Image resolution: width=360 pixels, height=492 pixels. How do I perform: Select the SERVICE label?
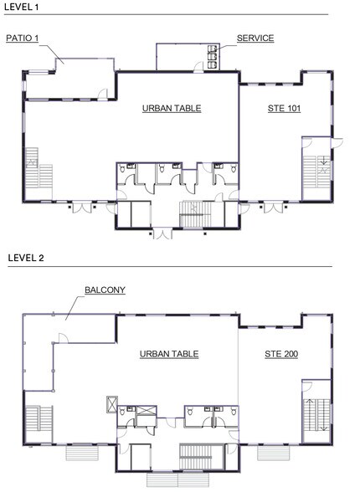coord(255,38)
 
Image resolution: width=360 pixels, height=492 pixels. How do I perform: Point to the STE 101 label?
coord(284,109)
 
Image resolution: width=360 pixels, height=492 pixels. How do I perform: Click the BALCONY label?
coord(104,290)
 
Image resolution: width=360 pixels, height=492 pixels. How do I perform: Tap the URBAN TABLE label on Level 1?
coord(171,109)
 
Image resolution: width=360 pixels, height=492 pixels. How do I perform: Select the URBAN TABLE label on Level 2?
coord(168,354)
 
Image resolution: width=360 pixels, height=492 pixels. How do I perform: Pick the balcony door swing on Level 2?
coord(60,339)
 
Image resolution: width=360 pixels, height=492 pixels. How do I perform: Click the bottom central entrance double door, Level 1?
coord(162,232)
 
